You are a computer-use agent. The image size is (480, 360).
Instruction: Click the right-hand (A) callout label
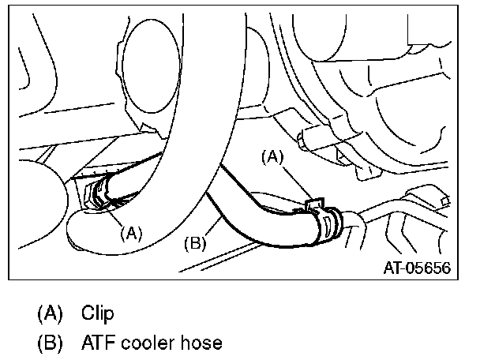click(x=272, y=157)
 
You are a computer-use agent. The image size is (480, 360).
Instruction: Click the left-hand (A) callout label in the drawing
click(x=131, y=233)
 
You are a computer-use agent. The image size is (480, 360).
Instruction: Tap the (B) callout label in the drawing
click(x=194, y=242)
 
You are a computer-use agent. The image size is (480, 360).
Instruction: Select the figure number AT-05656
click(x=416, y=268)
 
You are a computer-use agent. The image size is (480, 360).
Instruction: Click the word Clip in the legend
click(x=97, y=313)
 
